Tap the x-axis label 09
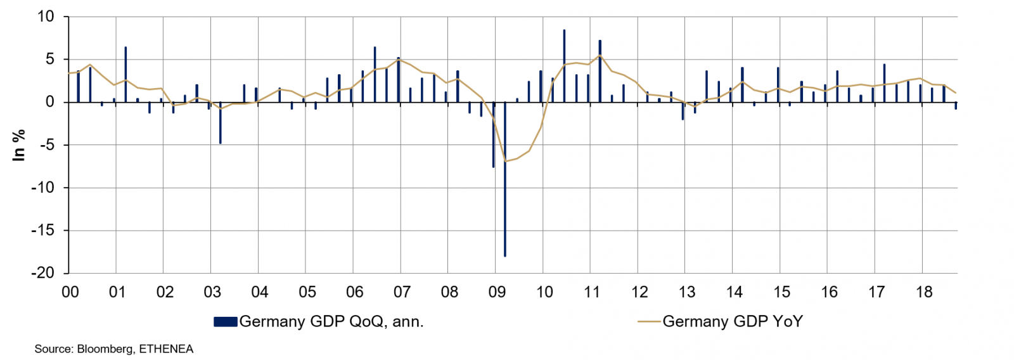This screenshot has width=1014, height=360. [x=497, y=292]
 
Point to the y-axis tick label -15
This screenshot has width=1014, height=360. [x=43, y=231]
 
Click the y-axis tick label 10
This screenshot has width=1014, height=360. [x=46, y=17]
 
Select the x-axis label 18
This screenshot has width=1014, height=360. [x=924, y=292]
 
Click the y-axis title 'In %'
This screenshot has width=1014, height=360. [x=19, y=145]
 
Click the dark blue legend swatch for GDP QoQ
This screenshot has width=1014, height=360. [x=226, y=322]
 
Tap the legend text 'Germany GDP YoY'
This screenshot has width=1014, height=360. [x=733, y=322]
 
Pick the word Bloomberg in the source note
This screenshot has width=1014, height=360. [x=105, y=349]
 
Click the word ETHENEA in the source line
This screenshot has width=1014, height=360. [x=166, y=349]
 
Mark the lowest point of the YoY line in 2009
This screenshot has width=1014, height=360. [x=505, y=161]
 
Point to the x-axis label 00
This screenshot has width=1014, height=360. [x=70, y=292]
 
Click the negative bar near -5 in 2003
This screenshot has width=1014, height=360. [x=221, y=123]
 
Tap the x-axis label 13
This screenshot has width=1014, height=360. [x=687, y=292]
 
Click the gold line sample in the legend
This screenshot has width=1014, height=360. [x=649, y=322]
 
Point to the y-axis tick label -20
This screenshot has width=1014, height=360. [x=43, y=273]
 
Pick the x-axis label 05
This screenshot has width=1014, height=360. [x=307, y=292]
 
